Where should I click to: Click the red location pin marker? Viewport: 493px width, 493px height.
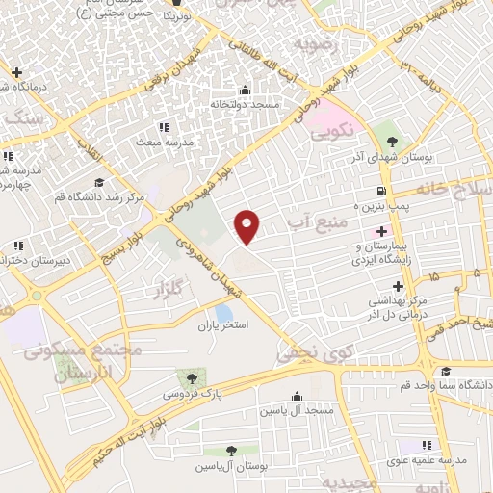(248, 225)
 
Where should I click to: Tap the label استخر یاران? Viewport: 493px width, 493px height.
(222, 327)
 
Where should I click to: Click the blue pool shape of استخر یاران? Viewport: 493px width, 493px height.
(223, 313)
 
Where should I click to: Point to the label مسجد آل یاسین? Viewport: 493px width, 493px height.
(296, 411)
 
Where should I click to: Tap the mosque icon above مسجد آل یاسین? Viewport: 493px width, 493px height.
(297, 396)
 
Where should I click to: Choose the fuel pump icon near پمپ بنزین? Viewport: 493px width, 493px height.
(382, 191)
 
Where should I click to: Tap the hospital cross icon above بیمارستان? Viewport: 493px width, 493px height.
(382, 231)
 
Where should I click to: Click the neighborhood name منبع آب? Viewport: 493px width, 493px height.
(324, 224)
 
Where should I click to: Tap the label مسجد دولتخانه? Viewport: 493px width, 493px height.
(244, 104)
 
